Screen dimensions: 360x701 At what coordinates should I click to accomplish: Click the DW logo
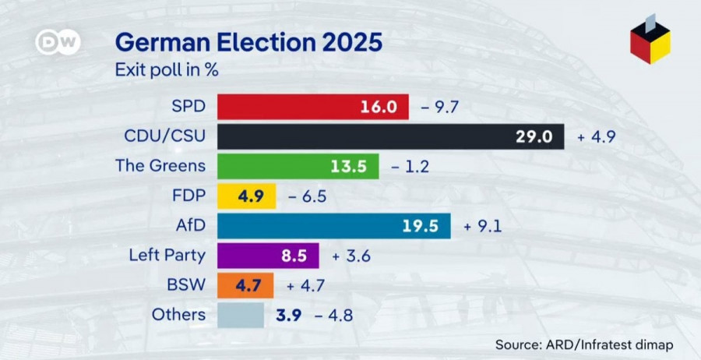[x=58, y=42]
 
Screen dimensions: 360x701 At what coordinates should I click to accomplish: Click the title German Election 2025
[x=248, y=42]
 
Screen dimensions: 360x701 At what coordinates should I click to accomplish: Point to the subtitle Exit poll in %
[x=167, y=70]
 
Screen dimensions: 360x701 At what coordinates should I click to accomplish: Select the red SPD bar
[x=312, y=107]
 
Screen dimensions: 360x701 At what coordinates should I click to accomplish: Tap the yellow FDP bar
[x=246, y=196]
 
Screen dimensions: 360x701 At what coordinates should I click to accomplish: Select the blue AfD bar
[x=333, y=226]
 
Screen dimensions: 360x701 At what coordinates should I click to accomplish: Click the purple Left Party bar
[x=268, y=256]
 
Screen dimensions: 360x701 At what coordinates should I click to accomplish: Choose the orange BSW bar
[x=245, y=285]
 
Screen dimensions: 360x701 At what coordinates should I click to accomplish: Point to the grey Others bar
[x=241, y=315]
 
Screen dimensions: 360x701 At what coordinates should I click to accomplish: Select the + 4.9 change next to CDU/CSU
[x=597, y=136]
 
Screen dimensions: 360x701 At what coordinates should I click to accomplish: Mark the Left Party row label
[x=167, y=255]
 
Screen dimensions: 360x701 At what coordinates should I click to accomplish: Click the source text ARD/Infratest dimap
[x=583, y=344]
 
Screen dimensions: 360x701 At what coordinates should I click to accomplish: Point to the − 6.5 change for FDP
[x=307, y=196]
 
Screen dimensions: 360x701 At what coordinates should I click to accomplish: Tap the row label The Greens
[x=160, y=165]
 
